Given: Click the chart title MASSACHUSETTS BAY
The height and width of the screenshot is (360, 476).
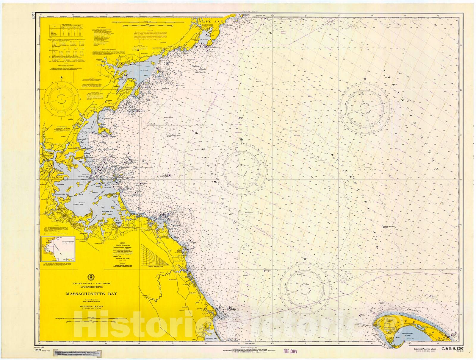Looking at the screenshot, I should tap(92, 294).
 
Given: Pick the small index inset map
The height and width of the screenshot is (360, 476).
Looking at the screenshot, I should tap(59, 248).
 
